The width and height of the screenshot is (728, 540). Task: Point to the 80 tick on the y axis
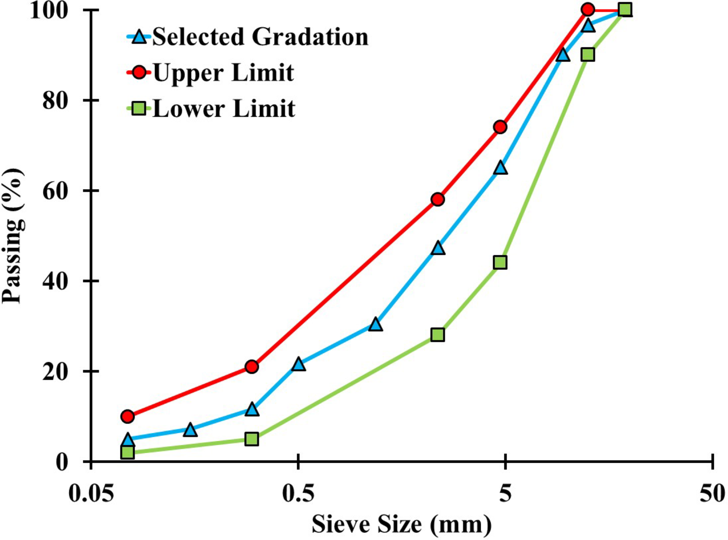56,101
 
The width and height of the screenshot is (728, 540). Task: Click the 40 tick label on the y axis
56,281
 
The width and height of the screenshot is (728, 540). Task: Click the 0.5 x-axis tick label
298,494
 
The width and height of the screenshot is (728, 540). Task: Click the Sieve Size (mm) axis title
401,524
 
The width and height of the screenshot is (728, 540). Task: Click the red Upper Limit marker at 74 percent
500,127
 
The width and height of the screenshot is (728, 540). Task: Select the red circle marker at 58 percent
438,199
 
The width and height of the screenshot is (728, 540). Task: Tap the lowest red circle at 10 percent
128,416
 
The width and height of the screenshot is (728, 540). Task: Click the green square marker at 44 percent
500,262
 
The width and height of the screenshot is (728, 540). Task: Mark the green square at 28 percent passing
438,335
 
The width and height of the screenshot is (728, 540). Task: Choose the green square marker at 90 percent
588,55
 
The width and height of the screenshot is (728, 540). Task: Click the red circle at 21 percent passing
252,367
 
